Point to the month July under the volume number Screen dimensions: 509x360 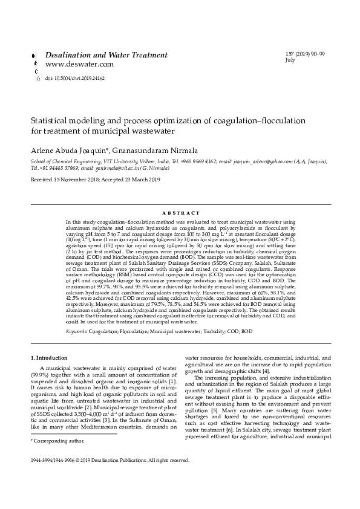pos(290,60)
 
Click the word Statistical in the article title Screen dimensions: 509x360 pos(50,120)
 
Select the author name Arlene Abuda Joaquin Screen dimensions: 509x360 pos(68,149)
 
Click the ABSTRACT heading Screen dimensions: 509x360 pos(181,213)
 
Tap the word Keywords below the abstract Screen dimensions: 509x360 pos(76,331)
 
